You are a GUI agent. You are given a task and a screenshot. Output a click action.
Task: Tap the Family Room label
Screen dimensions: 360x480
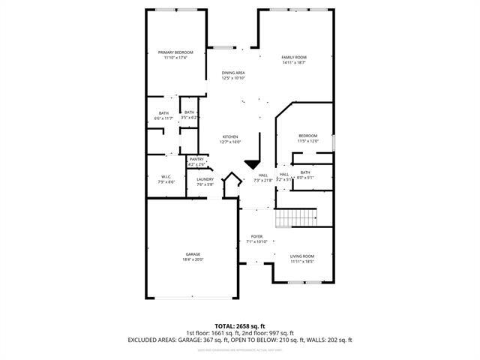point(294,58)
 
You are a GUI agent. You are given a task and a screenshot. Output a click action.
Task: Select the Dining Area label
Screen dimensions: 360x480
point(233,73)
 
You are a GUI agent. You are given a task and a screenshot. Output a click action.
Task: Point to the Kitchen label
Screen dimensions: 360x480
point(229,136)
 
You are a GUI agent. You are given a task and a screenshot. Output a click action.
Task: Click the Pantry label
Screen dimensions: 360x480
point(196,159)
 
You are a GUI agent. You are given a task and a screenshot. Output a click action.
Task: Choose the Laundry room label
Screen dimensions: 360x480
point(205,179)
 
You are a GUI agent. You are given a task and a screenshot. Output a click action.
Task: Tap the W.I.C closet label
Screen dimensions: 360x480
point(166,177)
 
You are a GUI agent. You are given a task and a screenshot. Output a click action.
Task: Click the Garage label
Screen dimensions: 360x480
point(193,254)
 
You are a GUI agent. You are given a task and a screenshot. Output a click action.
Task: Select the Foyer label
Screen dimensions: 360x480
point(256,237)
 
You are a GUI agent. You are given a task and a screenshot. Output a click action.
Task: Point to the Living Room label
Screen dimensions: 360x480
point(302,256)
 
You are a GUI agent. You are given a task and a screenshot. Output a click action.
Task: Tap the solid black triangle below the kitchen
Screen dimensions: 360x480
point(252,164)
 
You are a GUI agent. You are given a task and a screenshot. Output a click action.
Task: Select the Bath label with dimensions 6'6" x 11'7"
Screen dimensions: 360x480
point(163,112)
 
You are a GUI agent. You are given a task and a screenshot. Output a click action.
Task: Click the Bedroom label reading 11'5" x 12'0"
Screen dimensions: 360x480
point(308,136)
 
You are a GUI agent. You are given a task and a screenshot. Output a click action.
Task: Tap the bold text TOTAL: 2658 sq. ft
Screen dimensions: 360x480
point(240,326)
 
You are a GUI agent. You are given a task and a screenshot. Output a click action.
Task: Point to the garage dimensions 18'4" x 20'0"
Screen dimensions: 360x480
point(193,259)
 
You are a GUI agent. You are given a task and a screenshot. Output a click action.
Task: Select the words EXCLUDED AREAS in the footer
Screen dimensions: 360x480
point(151,340)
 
